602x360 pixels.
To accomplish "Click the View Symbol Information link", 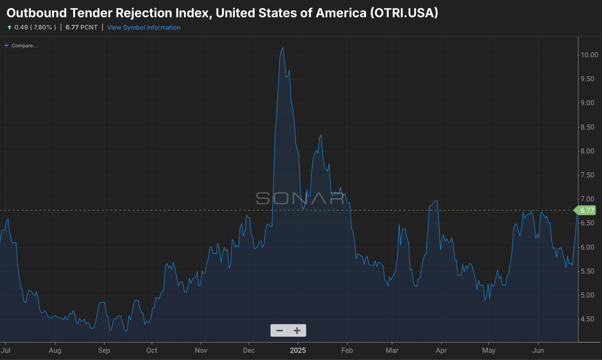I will click(144, 28).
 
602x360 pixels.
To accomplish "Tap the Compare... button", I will click(21, 46).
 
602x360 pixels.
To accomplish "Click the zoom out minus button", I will click(279, 331).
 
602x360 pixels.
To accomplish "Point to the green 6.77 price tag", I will click(587, 211).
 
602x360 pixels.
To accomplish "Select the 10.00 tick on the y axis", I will click(589, 55).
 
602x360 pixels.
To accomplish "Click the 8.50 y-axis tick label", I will click(587, 127).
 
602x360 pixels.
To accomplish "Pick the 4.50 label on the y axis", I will click(587, 319).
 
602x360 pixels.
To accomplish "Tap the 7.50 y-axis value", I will click(587, 175).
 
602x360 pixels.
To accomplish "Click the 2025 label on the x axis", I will click(298, 351).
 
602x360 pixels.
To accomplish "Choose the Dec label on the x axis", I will click(249, 351).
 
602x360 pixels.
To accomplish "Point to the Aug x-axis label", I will click(55, 351).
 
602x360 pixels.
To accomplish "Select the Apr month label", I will click(441, 351).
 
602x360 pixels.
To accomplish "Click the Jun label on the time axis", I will click(538, 351).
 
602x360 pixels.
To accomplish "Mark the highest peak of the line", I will click(283, 48).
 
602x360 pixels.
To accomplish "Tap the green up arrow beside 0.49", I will click(9, 28).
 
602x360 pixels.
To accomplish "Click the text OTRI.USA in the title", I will click(404, 13).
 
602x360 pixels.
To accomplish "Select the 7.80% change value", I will click(43, 28).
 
